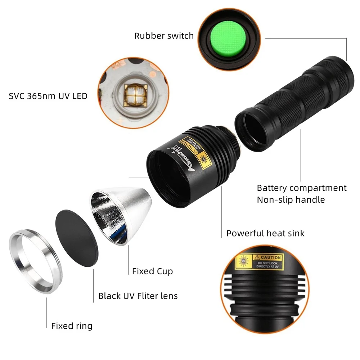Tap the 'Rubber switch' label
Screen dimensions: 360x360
tap(164, 36)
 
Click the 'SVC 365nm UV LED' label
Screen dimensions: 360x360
tap(48, 96)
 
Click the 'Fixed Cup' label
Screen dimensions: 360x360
tap(152, 271)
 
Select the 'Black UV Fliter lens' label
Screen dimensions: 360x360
tap(138, 296)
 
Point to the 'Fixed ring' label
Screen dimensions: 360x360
tap(72, 326)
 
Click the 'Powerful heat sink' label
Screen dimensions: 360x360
tap(265, 233)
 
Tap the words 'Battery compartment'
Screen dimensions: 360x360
tap(302, 188)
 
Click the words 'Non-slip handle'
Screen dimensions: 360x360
tap(291, 199)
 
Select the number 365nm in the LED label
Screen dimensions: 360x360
tap(39, 96)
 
